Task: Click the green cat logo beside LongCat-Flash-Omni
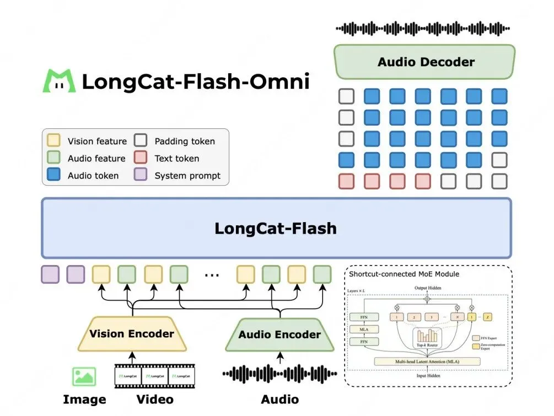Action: tap(60, 81)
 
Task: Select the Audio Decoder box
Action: tap(424, 62)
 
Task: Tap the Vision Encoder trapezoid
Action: tap(132, 334)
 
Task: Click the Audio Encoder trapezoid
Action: tap(279, 335)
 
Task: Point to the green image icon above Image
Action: tap(84, 376)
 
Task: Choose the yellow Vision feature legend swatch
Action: tap(54, 141)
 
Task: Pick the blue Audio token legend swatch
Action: tap(54, 175)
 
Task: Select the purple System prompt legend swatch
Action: tap(141, 175)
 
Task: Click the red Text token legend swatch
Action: tap(141, 158)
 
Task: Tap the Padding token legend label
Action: tap(185, 141)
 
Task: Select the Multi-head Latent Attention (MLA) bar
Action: tap(427, 361)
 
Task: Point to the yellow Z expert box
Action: tap(488, 317)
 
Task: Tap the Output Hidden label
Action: tap(427, 289)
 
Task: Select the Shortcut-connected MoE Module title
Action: tap(404, 274)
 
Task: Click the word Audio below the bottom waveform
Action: tap(279, 399)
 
